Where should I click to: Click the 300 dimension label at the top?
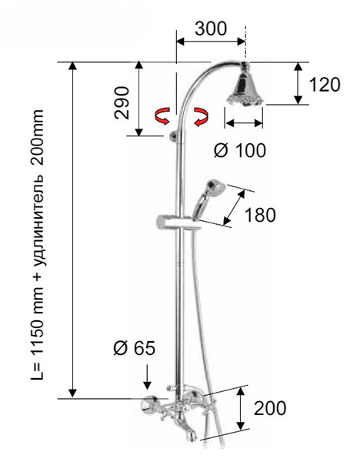tap(211, 28)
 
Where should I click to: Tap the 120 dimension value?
tap(325, 85)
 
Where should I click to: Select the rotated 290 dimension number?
tap(122, 103)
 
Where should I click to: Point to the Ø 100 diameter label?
tap(240, 151)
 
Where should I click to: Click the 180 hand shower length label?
tap(260, 215)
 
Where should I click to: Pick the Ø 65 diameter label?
tap(134, 348)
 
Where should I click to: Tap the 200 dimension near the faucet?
tap(270, 408)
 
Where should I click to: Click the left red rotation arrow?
tap(162, 115)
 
